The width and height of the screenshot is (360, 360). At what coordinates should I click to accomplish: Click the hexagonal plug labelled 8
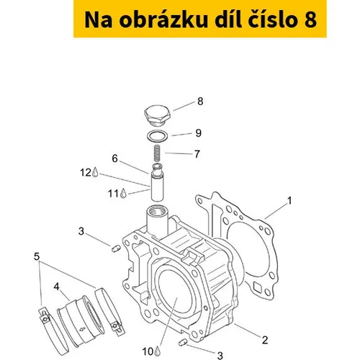(157, 116)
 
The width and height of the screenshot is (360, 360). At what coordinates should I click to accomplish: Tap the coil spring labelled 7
(157, 153)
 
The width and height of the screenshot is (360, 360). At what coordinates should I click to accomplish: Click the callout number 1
(289, 201)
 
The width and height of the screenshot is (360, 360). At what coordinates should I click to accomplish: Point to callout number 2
(265, 340)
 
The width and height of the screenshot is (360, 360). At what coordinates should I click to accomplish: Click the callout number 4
(56, 287)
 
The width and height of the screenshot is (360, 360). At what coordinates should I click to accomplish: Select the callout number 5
(37, 256)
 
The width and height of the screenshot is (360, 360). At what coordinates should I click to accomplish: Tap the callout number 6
(115, 158)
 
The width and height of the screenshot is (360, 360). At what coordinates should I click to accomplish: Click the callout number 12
(86, 172)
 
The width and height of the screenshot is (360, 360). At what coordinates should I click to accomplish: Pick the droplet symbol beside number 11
(123, 193)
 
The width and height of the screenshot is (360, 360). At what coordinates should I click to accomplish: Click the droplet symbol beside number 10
(157, 351)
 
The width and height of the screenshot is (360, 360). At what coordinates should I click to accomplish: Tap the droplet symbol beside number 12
(95, 172)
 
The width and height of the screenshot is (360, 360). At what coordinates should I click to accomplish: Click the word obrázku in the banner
(163, 20)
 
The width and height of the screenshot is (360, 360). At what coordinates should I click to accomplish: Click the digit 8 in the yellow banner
(310, 20)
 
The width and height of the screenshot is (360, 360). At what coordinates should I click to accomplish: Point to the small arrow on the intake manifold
(82, 329)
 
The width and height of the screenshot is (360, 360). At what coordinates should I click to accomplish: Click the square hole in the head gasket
(258, 287)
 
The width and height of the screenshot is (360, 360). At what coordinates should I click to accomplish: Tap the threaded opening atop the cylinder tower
(156, 212)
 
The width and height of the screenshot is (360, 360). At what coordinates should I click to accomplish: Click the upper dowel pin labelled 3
(115, 248)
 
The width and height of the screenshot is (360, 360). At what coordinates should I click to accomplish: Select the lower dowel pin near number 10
(183, 343)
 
